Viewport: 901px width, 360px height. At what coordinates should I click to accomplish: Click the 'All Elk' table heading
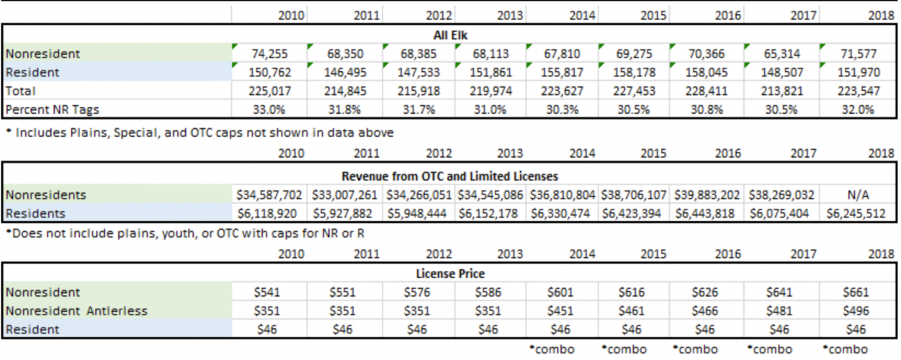pos(450,35)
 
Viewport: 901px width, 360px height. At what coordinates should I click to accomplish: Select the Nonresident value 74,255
pos(269,53)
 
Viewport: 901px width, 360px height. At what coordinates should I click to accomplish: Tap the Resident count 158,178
pos(634,73)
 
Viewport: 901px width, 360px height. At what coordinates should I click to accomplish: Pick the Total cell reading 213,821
pos(781,91)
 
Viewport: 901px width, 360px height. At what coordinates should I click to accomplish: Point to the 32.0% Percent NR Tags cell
pos(858,109)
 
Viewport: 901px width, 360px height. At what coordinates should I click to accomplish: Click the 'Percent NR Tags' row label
pos(53,110)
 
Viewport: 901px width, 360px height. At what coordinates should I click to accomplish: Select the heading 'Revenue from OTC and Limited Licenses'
pos(449,176)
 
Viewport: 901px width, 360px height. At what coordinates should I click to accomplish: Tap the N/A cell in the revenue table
pos(858,195)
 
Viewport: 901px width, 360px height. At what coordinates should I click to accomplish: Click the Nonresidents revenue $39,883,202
pos(707,195)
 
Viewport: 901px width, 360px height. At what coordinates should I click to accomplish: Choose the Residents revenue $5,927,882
pos(342,214)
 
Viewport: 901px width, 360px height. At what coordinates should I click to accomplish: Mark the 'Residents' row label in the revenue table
pos(35,214)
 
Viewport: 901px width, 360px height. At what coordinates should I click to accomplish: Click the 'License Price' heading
pos(450,274)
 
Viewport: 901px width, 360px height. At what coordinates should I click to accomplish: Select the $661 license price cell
pos(856,292)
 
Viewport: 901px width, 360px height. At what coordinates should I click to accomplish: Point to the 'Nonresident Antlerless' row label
pos(76,311)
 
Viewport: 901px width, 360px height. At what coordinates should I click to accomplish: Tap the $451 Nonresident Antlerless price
pos(560,311)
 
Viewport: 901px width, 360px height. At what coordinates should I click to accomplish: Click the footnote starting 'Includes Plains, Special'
pos(200,132)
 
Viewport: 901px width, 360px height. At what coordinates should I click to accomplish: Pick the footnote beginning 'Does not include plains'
pos(185,233)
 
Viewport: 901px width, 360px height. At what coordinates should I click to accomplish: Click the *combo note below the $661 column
pos(845,349)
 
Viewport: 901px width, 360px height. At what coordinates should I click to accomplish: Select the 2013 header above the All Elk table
pos(510,16)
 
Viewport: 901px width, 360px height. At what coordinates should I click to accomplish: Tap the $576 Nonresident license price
pos(417,292)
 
